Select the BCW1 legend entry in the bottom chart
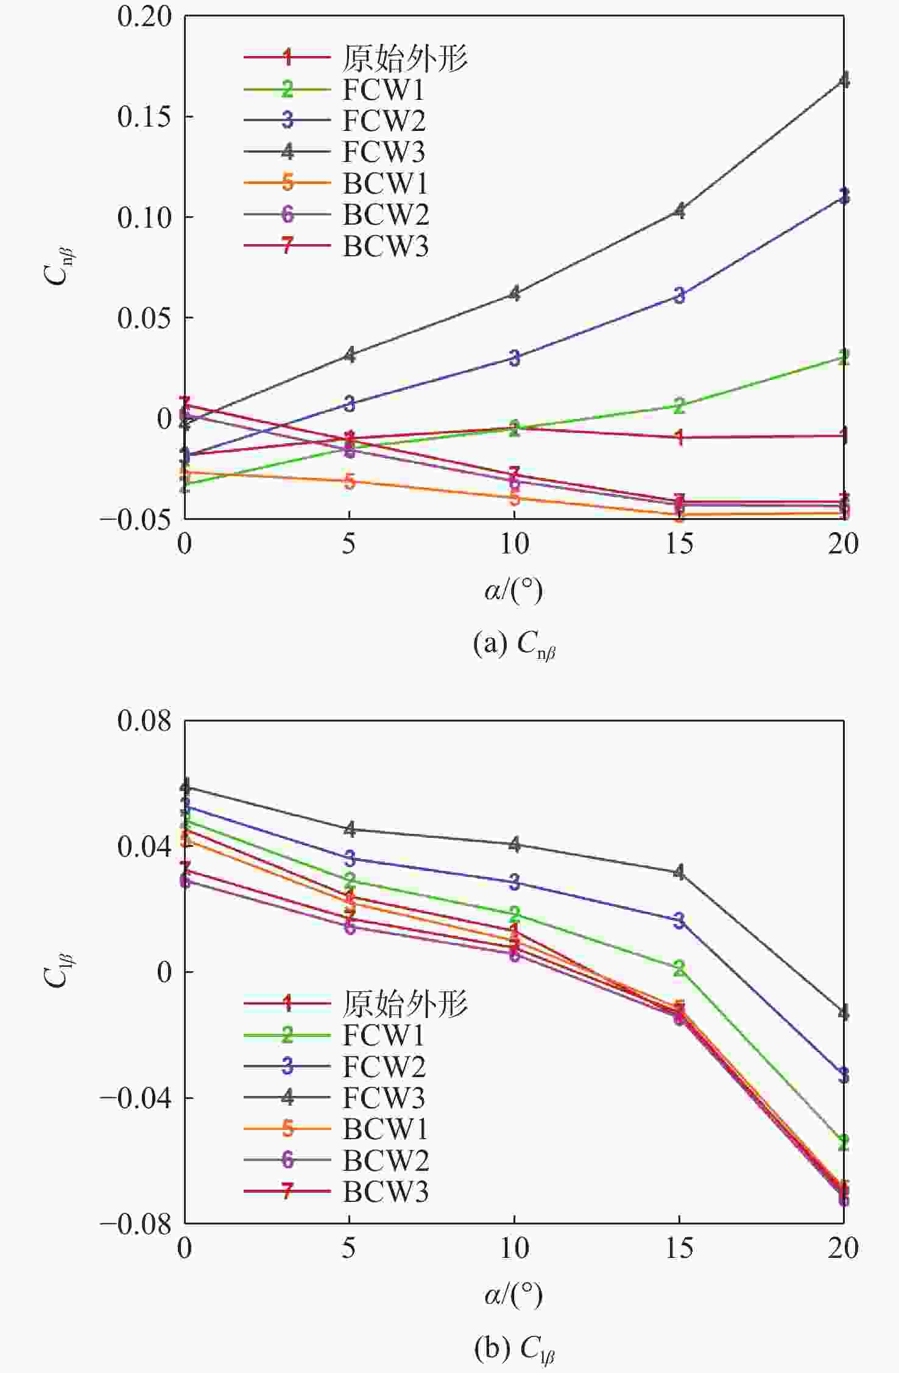pos(385,1129)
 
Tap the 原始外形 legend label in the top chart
pos(405,58)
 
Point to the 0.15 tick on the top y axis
pos(144,116)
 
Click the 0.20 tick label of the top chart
pos(144,16)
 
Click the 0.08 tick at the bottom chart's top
pos(144,721)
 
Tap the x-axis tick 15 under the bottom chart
pos(679,1248)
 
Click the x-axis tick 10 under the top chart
pos(514,544)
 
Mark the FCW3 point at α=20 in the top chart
pos(844,80)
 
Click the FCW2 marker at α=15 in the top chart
pos(679,295)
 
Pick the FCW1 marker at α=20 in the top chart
pos(844,357)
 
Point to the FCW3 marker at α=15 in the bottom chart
pos(679,872)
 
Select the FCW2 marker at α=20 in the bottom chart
pos(844,1075)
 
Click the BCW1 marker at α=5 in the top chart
pos(349,481)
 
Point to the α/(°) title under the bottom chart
pos(513,1294)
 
